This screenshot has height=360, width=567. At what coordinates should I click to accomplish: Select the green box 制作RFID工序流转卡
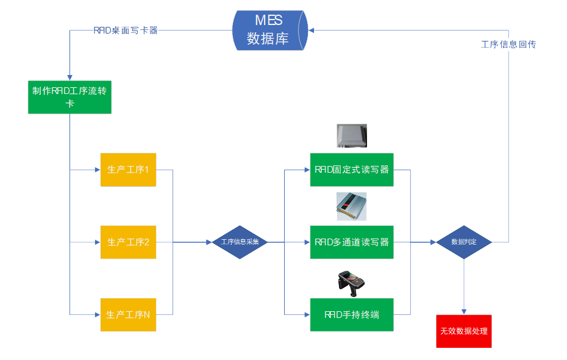point(70,97)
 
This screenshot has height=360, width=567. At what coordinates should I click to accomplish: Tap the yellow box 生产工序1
point(128,170)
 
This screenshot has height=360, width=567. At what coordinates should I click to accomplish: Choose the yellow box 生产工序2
point(128,242)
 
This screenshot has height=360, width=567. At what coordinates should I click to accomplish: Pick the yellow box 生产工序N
point(128,315)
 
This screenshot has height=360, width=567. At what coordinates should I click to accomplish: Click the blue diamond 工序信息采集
point(240,242)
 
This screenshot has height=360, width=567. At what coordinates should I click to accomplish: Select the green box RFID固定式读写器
point(352,170)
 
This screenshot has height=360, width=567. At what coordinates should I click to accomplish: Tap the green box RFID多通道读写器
point(352,242)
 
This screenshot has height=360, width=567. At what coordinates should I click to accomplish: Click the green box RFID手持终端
point(352,315)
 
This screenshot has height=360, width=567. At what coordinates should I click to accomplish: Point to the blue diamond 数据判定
point(463,242)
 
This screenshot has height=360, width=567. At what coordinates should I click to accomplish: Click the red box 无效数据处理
point(463,331)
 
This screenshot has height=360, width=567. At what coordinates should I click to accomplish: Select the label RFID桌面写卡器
point(126,30)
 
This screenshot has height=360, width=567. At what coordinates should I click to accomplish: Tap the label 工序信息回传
point(508,45)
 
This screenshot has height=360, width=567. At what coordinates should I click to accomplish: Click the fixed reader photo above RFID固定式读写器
point(352,136)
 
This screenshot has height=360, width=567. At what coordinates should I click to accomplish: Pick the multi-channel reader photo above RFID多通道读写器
point(352,206)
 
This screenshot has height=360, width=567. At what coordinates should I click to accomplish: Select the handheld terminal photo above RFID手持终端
point(351,281)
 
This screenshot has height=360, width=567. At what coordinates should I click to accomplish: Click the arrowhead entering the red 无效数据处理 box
point(464,311)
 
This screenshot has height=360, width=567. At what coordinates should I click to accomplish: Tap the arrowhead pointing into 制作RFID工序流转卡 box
point(70,76)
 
